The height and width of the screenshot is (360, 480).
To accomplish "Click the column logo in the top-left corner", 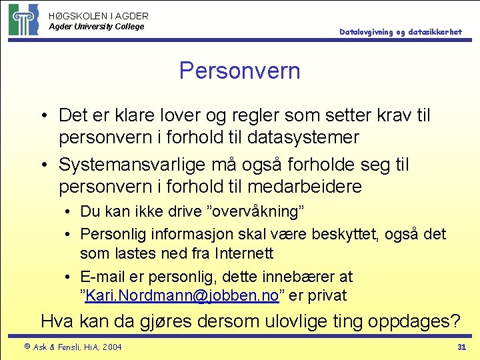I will (23, 19).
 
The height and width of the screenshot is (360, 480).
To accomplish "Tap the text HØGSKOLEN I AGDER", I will (99, 15).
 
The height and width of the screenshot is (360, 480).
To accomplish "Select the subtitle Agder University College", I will (96, 27).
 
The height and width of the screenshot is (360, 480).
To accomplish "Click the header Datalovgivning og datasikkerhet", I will (400, 32).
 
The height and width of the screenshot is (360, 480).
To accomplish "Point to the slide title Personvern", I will (239, 71).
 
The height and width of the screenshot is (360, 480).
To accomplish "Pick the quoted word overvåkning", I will (257, 212).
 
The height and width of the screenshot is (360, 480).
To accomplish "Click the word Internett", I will (244, 253).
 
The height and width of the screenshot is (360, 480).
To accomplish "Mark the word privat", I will (324, 296).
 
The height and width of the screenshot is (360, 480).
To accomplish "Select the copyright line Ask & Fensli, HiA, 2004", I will (72, 347).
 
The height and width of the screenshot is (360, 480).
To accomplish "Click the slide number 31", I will (461, 347).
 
